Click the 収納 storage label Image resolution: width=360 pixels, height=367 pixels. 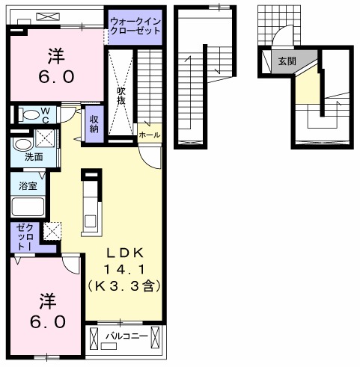tap(94, 124)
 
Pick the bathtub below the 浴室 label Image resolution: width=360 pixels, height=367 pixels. tap(28, 208)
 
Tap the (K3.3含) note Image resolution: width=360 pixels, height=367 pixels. tap(123, 286)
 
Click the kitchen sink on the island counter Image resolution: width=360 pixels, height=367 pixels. tap(91, 220)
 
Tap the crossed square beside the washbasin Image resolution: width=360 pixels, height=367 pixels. tap(46, 138)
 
